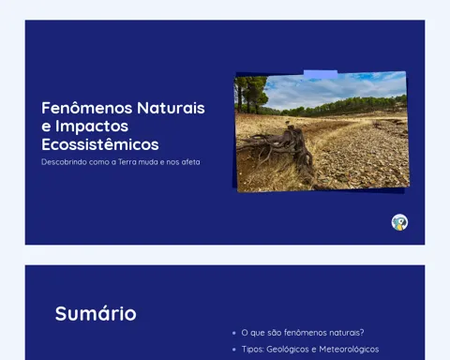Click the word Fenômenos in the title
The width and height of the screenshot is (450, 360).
tap(87, 108)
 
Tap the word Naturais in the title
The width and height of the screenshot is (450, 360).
tap(171, 108)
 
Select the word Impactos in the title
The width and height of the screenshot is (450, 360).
tap(92, 127)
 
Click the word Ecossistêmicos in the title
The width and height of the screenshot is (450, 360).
tap(100, 144)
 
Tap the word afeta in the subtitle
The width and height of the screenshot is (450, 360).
tap(190, 162)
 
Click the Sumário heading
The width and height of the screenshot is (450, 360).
tap(96, 313)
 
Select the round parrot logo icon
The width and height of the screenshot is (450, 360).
tap(399, 222)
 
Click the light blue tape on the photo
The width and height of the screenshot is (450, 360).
tap(321, 74)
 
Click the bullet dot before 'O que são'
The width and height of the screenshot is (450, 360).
tap(234, 333)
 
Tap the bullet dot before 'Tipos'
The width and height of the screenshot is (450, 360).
tap(234, 350)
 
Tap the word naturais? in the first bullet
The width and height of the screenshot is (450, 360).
tap(349, 333)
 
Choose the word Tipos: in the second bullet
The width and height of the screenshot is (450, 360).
tap(252, 350)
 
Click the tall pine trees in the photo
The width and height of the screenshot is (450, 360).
tap(251, 94)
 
